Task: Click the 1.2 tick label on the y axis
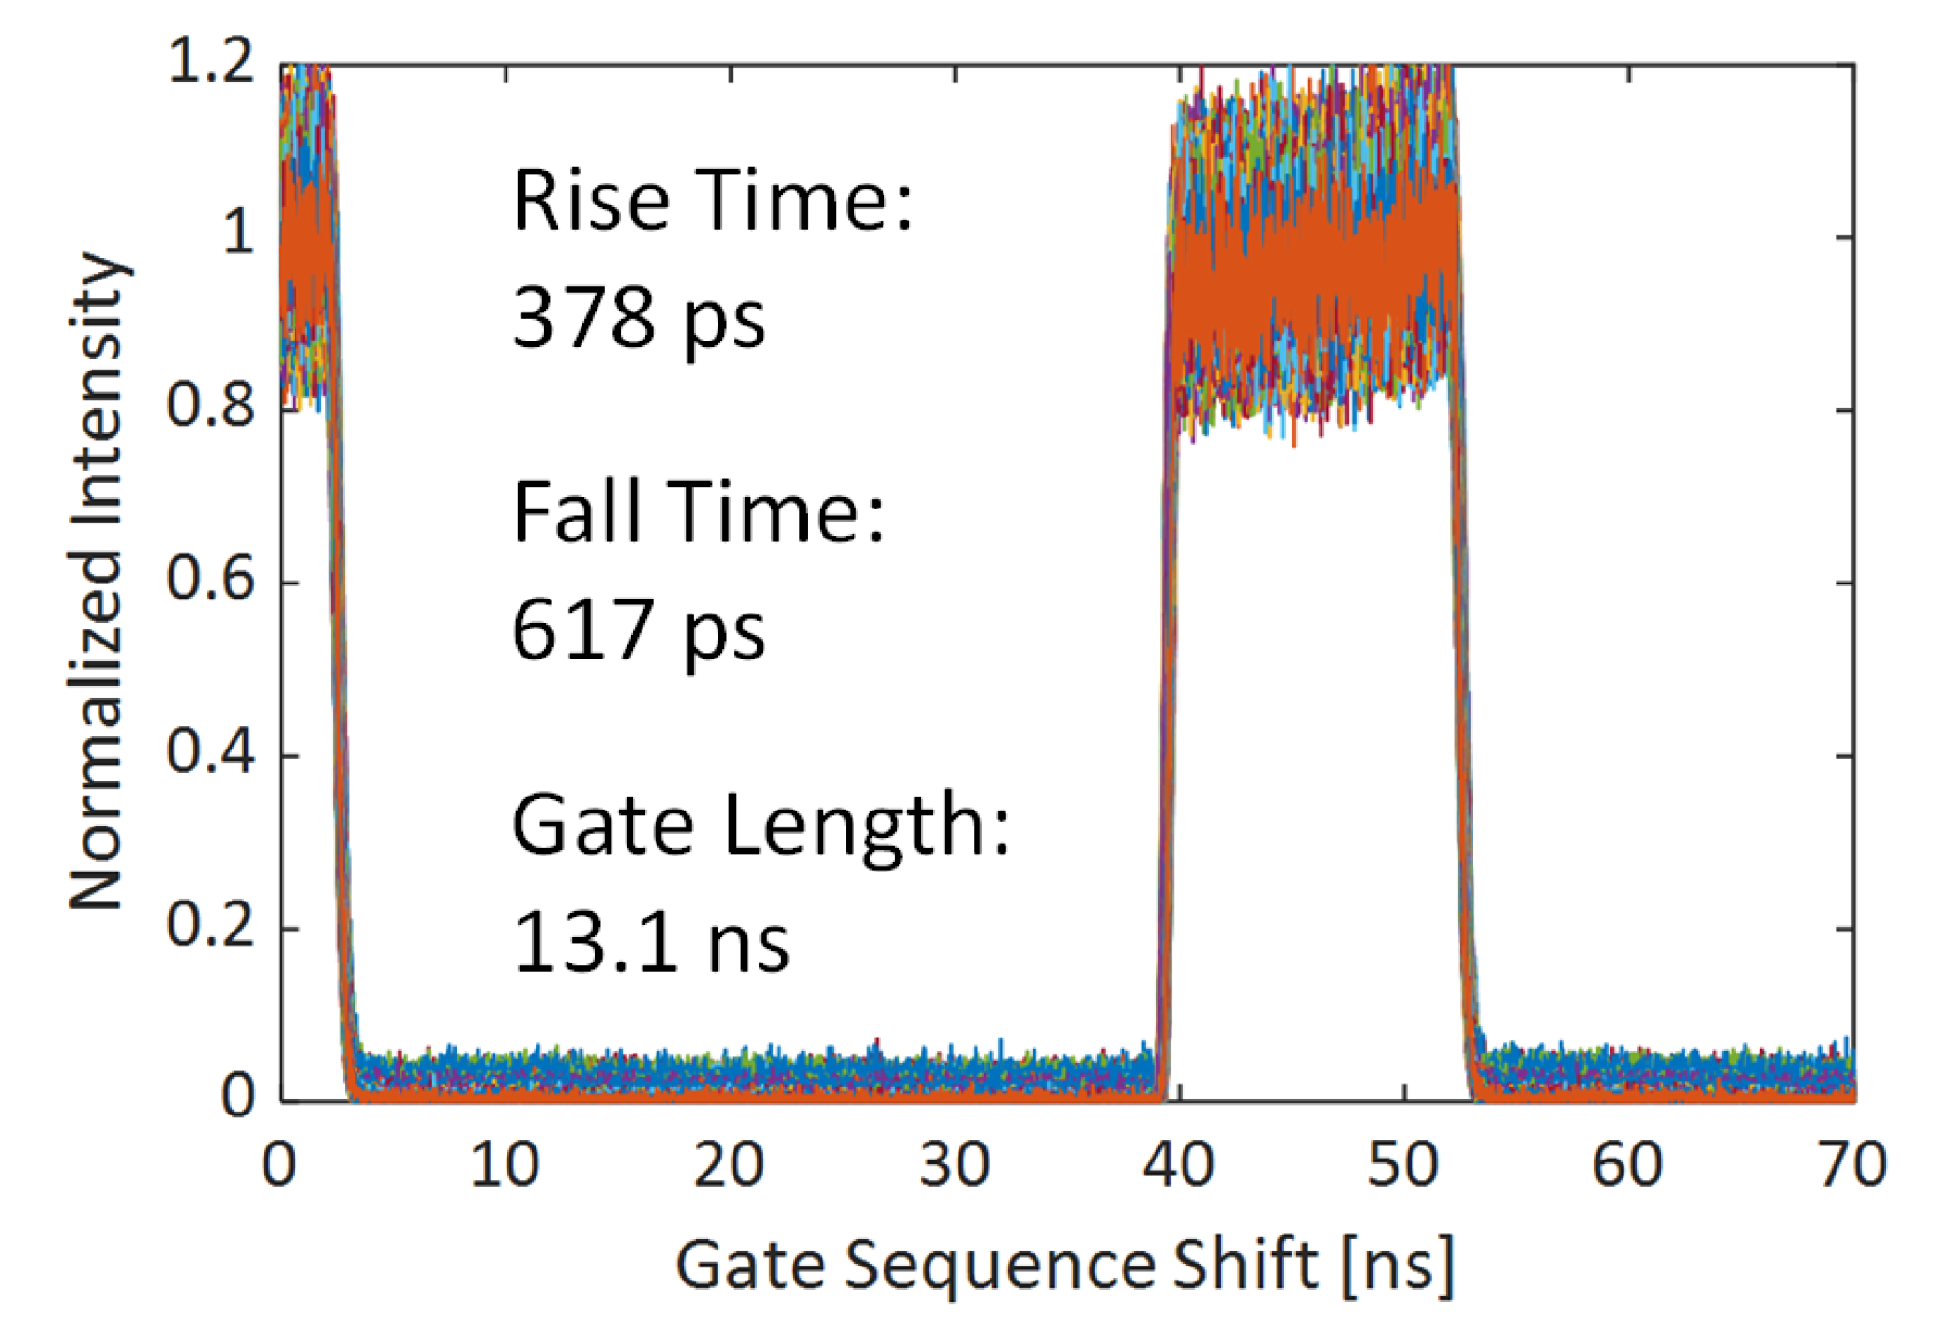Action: [211, 64]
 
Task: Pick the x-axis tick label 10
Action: [505, 1166]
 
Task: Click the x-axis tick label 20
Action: [729, 1166]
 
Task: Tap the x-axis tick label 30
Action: [954, 1166]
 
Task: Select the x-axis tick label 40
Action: [1178, 1166]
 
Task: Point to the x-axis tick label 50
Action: [1403, 1166]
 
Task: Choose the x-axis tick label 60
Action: [1628, 1166]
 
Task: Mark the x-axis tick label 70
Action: [1852, 1166]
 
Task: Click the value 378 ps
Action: [639, 319]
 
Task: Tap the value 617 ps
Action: [639, 631]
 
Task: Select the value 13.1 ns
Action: [651, 943]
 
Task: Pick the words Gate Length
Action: [761, 826]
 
